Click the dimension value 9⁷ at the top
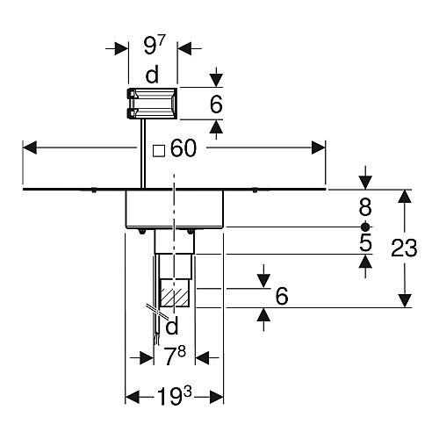click(155, 46)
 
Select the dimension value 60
click(184, 148)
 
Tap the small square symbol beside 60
click(159, 151)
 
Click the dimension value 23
click(404, 248)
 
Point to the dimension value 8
click(365, 207)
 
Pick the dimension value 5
click(365, 242)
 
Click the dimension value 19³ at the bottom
click(174, 396)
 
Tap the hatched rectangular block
click(174, 293)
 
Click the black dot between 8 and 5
click(365, 227)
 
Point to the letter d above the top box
click(152, 75)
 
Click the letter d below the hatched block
click(172, 326)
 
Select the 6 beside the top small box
click(216, 104)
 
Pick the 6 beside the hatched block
click(282, 296)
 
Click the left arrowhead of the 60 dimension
click(30, 148)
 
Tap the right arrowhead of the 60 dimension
click(319, 148)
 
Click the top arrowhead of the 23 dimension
click(404, 197)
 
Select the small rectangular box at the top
click(152, 104)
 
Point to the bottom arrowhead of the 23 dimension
click(404, 301)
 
